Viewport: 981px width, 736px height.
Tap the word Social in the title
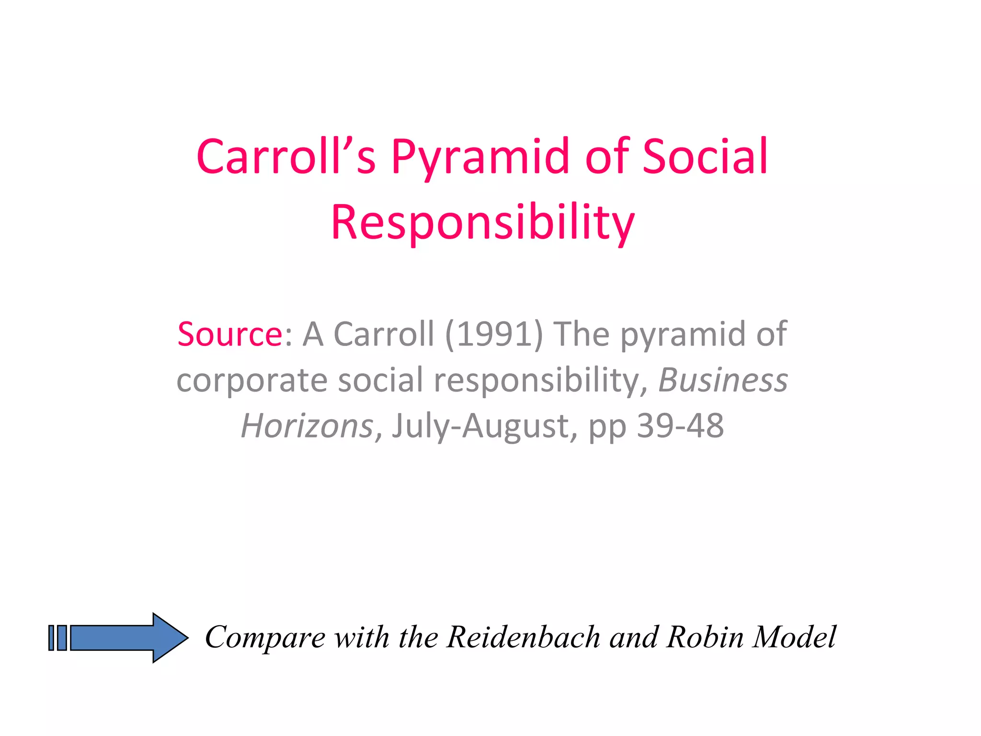705,157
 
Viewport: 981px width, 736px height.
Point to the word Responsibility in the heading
483,222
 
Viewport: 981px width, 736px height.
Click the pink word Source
230,334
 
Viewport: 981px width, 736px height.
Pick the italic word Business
723,380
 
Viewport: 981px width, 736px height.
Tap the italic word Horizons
307,425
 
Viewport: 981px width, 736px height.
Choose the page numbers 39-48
680,425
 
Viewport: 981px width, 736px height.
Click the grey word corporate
252,380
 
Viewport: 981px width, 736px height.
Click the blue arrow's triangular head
170,638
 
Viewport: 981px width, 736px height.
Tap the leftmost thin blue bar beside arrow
51,638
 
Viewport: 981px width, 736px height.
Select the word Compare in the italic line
265,638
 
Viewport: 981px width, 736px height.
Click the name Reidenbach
523,638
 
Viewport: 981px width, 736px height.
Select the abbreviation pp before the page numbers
607,425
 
